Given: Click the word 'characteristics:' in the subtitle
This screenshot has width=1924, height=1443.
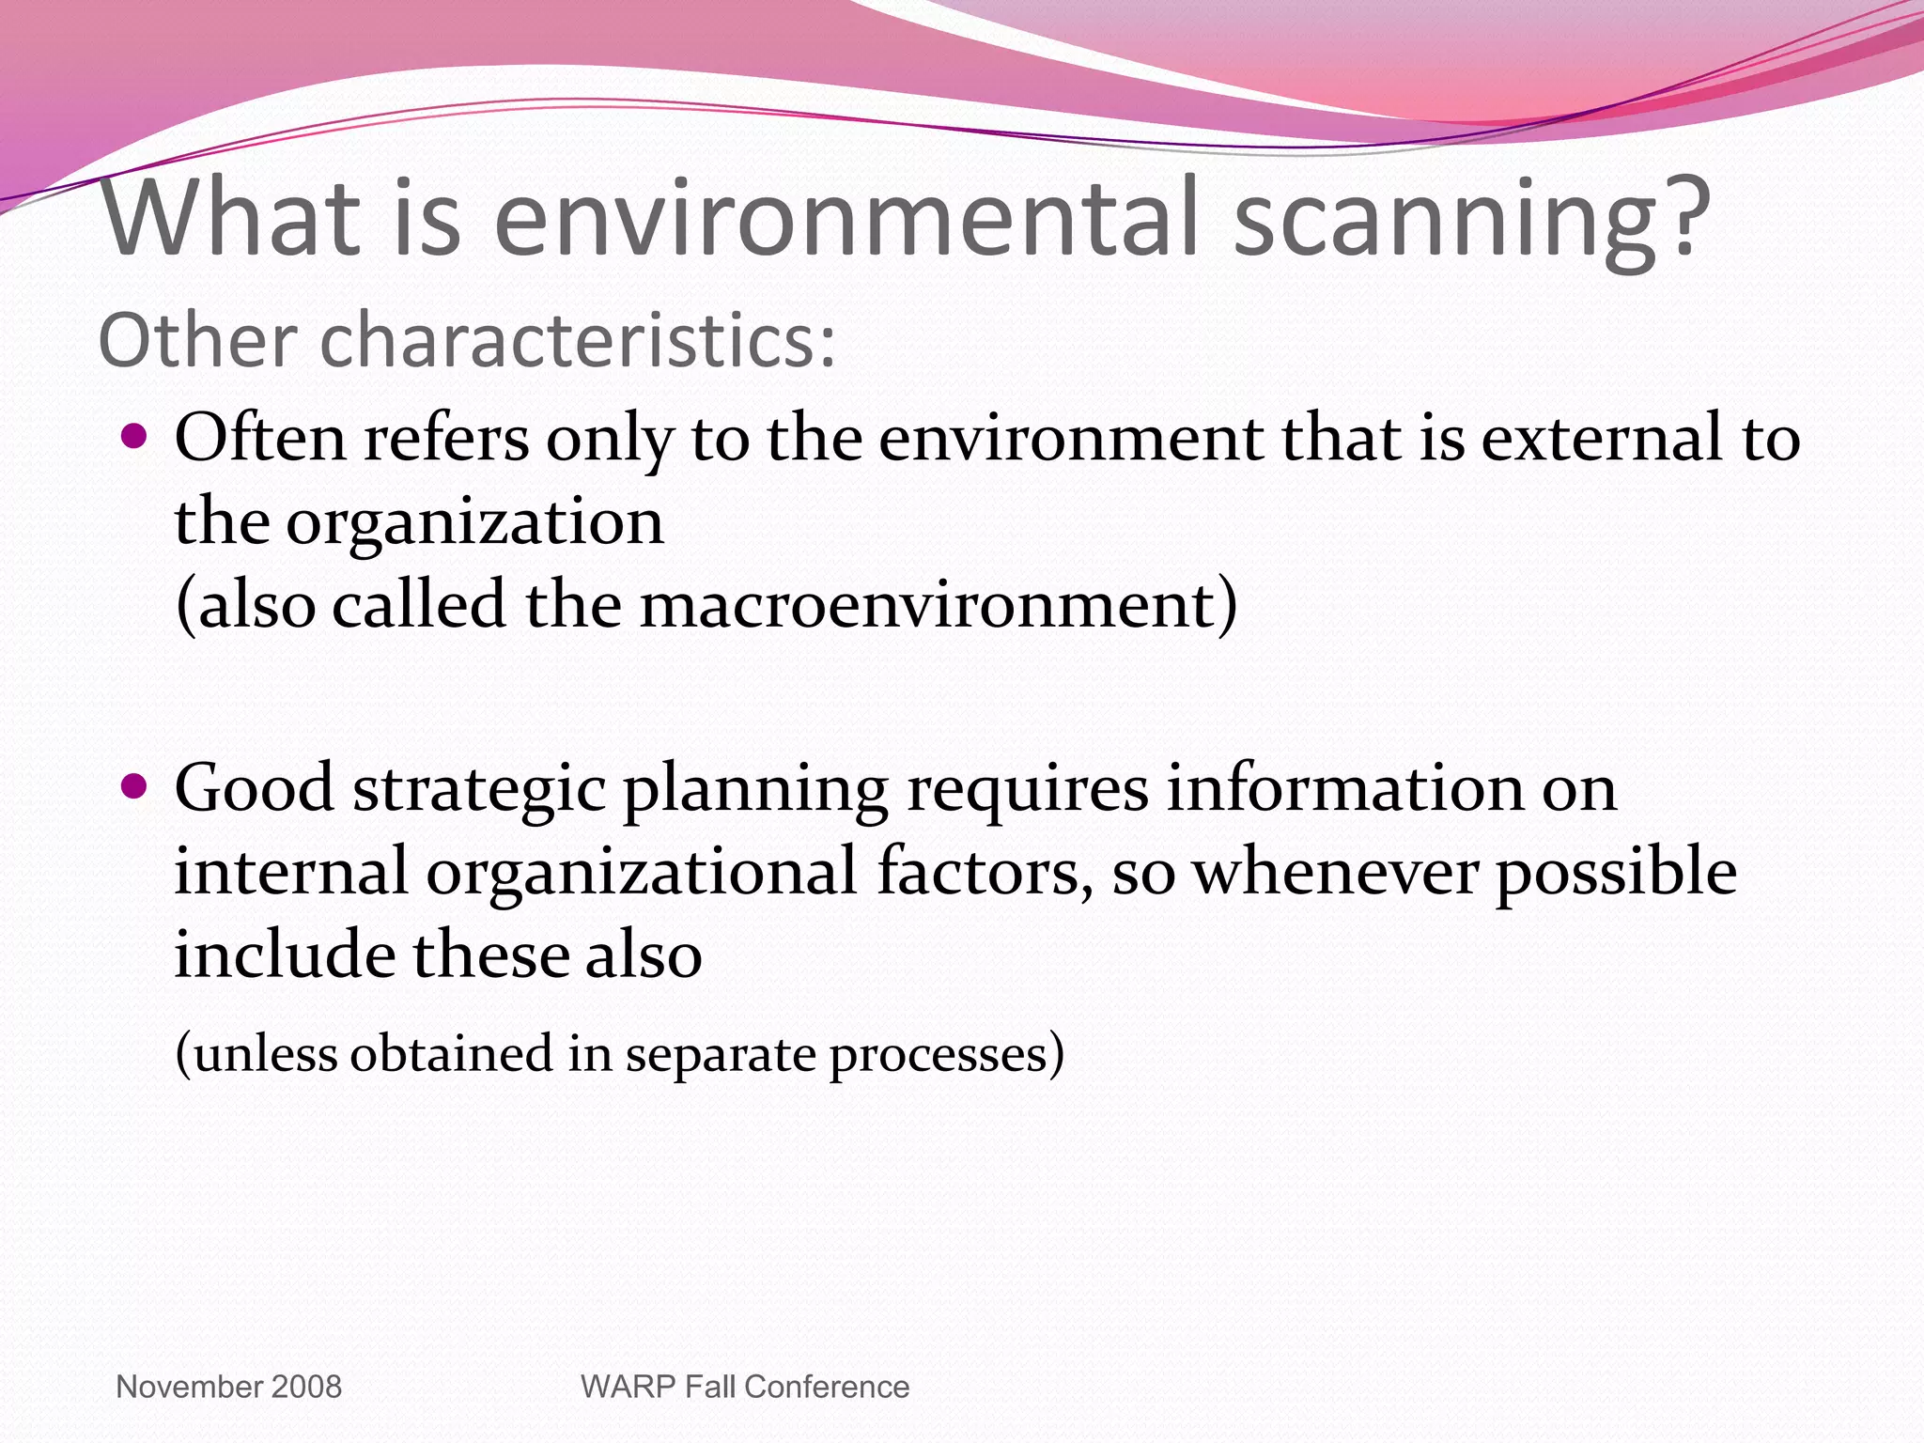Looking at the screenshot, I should (577, 340).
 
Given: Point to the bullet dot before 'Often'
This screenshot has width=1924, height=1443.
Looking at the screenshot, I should (135, 436).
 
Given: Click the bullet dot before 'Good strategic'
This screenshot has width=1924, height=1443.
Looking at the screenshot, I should (135, 785).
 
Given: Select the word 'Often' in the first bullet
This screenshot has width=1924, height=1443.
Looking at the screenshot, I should (260, 438).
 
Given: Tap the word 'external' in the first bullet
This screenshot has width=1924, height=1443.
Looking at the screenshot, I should (1602, 438).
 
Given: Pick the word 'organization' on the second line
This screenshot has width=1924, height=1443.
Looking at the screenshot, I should (474, 522).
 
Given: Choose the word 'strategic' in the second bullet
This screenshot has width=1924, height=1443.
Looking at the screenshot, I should (479, 789).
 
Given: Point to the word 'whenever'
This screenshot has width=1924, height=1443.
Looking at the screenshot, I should (1335, 872).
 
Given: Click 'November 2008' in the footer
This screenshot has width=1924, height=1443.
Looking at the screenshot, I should (228, 1387).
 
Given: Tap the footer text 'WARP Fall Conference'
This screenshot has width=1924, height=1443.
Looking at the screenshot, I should (745, 1387).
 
